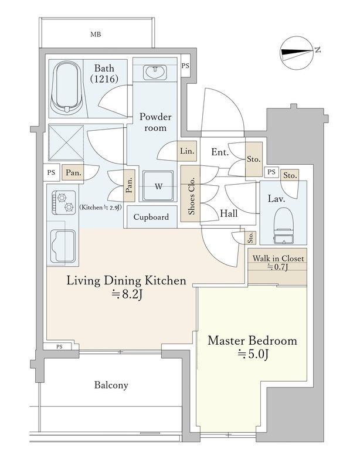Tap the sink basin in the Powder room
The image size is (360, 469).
click(155, 73)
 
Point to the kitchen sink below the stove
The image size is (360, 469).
click(63, 246)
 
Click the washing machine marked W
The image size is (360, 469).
click(158, 186)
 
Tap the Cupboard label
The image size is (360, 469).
click(151, 217)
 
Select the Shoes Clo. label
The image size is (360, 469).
click(192, 196)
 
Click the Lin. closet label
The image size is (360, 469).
click(188, 151)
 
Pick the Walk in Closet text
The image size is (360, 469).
click(278, 258)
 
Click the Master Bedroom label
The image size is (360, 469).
click(252, 341)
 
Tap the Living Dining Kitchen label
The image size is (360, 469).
click(126, 281)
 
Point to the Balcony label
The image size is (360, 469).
click(111, 385)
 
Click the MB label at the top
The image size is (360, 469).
click(96, 35)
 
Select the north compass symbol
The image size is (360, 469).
click(296, 53)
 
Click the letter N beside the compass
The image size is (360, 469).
click(318, 50)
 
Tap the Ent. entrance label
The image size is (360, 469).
click(220, 152)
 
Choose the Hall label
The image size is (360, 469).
click(229, 213)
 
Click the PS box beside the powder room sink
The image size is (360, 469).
click(185, 66)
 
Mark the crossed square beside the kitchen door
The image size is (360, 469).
click(66, 142)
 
